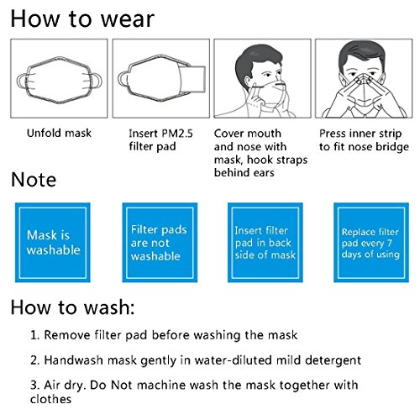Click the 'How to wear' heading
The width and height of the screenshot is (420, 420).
pyautogui.click(x=82, y=19)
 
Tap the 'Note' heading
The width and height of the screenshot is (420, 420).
pyautogui.click(x=34, y=180)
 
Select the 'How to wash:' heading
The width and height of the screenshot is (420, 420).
pyautogui.click(x=73, y=307)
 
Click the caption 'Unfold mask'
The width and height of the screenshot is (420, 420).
pyautogui.click(x=59, y=133)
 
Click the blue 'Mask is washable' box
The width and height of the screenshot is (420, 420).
pyautogui.click(x=53, y=243)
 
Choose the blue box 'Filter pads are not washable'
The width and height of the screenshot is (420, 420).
pyautogui.click(x=160, y=243)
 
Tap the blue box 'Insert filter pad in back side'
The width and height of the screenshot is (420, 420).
pyautogui.click(x=265, y=243)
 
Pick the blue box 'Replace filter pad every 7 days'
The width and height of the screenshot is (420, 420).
pyautogui.click(x=371, y=243)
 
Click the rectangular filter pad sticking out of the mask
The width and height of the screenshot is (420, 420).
pyautogui.click(x=193, y=79)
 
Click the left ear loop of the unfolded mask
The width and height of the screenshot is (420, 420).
pyautogui.click(x=20, y=81)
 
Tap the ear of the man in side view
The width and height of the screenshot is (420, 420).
pyautogui.click(x=248, y=81)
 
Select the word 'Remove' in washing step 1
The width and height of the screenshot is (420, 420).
pyautogui.click(x=67, y=335)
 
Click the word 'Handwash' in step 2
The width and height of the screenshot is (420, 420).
pyautogui.click(x=73, y=360)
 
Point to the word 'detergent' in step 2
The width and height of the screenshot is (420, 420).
pyautogui.click(x=333, y=360)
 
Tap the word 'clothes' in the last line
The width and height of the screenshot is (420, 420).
pyautogui.click(x=50, y=399)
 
